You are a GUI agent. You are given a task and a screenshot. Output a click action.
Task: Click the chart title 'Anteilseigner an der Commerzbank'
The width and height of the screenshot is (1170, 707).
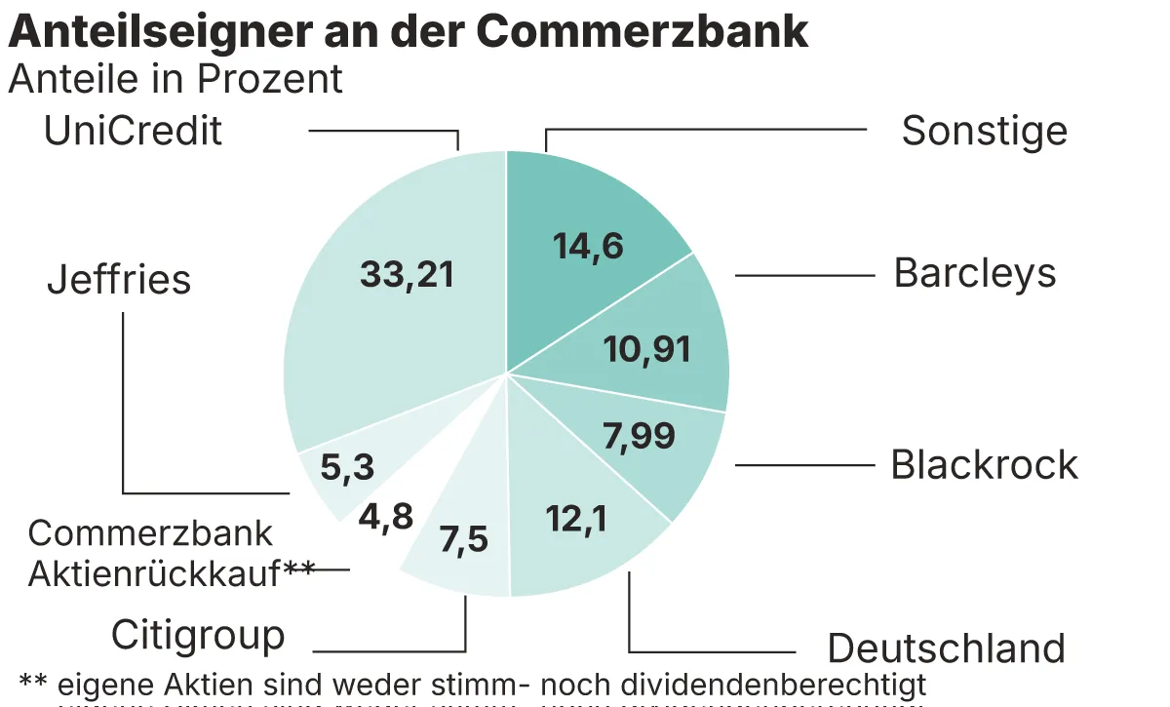[409, 31]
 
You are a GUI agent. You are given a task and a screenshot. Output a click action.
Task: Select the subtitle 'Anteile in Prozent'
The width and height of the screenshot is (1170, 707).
[175, 80]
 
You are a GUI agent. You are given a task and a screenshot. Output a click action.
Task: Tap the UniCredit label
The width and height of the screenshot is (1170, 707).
[134, 131]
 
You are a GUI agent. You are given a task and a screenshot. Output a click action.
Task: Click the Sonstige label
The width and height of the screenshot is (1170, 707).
[984, 131]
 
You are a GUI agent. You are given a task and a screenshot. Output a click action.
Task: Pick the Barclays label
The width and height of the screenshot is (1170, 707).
[975, 274]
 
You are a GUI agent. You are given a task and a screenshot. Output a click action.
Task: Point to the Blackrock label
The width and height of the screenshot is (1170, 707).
[985, 465]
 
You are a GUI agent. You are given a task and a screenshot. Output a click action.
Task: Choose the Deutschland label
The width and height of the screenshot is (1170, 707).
[946, 648]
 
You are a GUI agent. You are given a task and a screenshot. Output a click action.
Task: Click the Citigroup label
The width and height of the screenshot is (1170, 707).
[198, 635]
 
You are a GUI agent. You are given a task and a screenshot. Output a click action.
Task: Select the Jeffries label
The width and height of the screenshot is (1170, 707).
[119, 280]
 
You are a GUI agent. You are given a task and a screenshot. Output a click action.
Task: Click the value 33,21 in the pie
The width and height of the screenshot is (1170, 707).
[407, 275]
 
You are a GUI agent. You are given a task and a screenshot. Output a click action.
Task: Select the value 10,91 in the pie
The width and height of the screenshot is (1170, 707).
[646, 348]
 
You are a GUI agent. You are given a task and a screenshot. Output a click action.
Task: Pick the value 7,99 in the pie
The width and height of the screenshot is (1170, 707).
[639, 436]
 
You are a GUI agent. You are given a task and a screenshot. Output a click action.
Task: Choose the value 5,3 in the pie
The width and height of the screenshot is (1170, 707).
[348, 468]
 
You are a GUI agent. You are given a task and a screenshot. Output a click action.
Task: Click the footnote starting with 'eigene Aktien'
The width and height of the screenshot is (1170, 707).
[473, 683]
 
